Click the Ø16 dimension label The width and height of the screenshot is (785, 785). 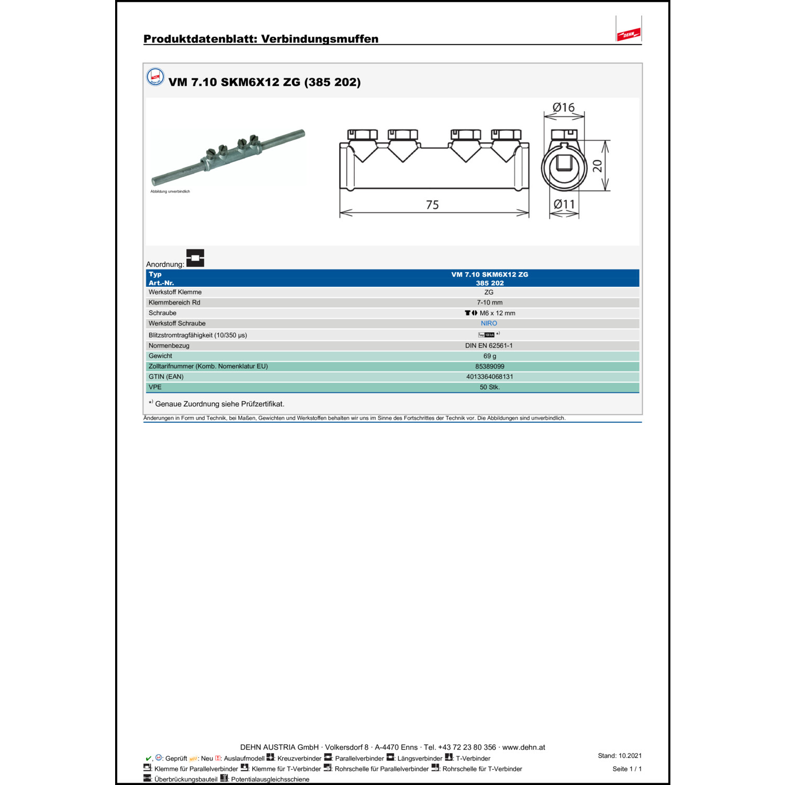pyautogui.click(x=563, y=107)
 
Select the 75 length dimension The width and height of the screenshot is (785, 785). pyautogui.click(x=432, y=205)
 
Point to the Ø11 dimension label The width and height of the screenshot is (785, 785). pyautogui.click(x=564, y=204)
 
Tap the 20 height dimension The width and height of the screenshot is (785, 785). pyautogui.click(x=597, y=166)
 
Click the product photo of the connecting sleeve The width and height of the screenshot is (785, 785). pyautogui.click(x=228, y=157)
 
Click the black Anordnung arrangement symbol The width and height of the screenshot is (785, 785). pyautogui.click(x=195, y=258)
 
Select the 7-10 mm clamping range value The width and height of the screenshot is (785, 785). pyautogui.click(x=489, y=302)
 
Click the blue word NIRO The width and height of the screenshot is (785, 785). pyautogui.click(x=489, y=323)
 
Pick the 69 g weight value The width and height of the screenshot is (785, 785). pyautogui.click(x=489, y=356)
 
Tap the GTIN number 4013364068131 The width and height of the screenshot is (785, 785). pyautogui.click(x=489, y=377)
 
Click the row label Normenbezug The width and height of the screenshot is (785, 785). pyautogui.click(x=169, y=345)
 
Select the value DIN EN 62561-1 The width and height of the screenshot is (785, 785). pyautogui.click(x=489, y=345)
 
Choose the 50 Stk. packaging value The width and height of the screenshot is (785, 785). pyautogui.click(x=489, y=387)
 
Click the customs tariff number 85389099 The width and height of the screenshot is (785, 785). pyautogui.click(x=489, y=366)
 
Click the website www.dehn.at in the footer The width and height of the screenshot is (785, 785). pyautogui.click(x=523, y=747)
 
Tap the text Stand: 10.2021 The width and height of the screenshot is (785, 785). pyautogui.click(x=620, y=756)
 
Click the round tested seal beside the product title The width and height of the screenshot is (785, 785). pyautogui.click(x=155, y=77)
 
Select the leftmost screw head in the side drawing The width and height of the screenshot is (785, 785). pyautogui.click(x=362, y=134)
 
